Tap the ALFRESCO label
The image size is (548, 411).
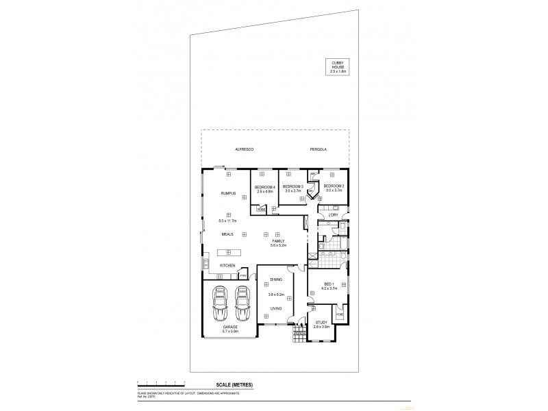tap(245, 149)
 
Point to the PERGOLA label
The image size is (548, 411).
tap(318, 149)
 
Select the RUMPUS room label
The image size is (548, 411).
tap(228, 194)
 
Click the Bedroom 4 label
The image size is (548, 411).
tap(265, 187)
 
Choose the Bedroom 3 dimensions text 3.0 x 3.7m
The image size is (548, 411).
tap(293, 191)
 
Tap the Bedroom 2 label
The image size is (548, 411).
tap(334, 186)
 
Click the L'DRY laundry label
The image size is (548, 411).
tap(334, 215)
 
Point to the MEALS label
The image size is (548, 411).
tap(227, 234)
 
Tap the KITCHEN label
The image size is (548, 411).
tap(227, 266)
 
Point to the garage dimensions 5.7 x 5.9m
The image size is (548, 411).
tap(229, 332)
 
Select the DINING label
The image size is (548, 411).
tap(276, 280)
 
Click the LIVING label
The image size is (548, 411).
tap(276, 308)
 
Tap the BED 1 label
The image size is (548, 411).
tap(328, 284)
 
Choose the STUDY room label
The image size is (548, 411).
tap(322, 322)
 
